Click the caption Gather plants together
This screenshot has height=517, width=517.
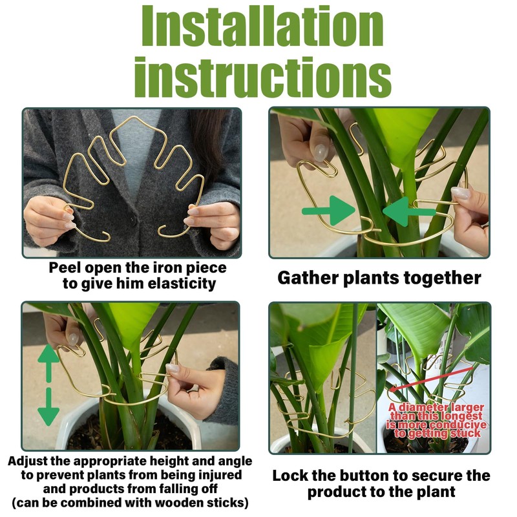(379, 279)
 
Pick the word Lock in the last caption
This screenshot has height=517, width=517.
(290, 476)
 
